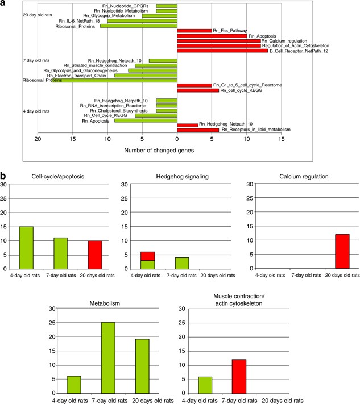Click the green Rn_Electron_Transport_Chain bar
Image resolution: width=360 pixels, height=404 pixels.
pos(146,75)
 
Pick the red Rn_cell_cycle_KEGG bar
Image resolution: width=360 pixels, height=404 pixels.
pos(198,90)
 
